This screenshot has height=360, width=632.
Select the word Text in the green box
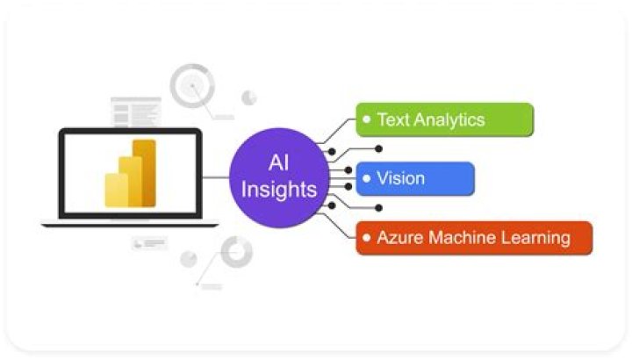(x=393, y=119)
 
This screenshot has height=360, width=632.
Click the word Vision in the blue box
(x=400, y=178)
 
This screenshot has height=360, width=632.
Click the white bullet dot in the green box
(x=368, y=119)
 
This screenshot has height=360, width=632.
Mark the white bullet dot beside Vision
(x=368, y=178)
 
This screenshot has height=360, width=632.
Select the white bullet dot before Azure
(x=368, y=237)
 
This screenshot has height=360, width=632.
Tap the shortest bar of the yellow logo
(x=118, y=191)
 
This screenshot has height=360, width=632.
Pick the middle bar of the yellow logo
(x=131, y=182)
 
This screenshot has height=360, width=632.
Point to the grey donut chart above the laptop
(x=192, y=86)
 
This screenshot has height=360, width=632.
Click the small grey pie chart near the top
(x=249, y=97)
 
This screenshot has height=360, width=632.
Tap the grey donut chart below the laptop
(x=236, y=252)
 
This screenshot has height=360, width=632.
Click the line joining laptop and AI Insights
(x=215, y=177)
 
